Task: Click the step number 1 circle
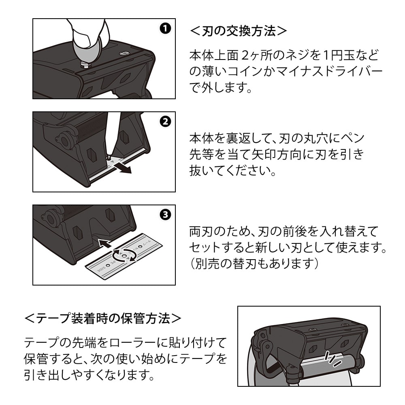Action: (x=165, y=28)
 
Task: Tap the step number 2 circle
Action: (x=165, y=122)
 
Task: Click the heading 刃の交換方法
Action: (x=239, y=31)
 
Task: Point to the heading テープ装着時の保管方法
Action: (x=103, y=318)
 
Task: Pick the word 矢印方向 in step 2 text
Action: (x=291, y=154)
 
